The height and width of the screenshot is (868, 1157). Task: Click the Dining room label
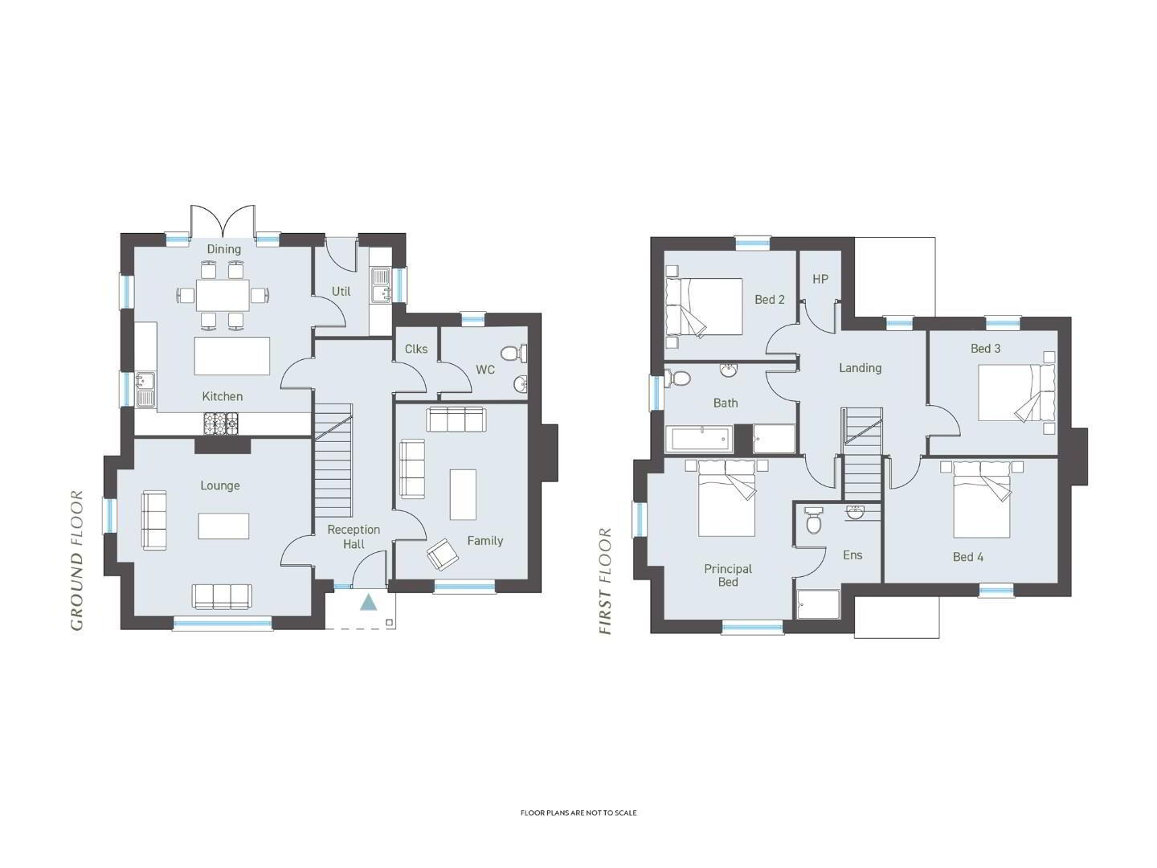(x=223, y=249)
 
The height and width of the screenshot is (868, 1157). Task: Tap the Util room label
(x=341, y=291)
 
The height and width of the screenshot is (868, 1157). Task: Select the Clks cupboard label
(x=416, y=349)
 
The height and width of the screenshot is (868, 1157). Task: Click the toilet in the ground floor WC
(x=513, y=353)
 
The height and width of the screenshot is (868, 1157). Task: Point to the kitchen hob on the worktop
(x=221, y=424)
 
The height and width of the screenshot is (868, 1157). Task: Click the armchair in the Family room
(x=442, y=554)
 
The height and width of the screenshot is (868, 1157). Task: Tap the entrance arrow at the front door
(x=369, y=602)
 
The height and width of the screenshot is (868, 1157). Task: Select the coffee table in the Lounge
(x=223, y=526)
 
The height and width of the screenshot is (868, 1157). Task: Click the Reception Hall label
(x=354, y=537)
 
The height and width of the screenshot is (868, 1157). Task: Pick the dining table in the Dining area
(x=223, y=295)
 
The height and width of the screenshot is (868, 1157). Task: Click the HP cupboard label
(x=820, y=279)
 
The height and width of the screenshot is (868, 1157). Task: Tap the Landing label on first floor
(x=860, y=368)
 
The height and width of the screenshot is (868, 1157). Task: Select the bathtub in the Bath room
(x=699, y=439)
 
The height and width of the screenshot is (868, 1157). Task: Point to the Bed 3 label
(x=985, y=348)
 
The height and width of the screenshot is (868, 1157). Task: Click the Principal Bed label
(x=728, y=575)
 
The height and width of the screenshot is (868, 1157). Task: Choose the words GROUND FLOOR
(x=77, y=560)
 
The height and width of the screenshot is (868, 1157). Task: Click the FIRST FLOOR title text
(x=605, y=581)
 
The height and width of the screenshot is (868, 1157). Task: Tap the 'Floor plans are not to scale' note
(x=578, y=813)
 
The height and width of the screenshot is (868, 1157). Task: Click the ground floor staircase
(x=333, y=461)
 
